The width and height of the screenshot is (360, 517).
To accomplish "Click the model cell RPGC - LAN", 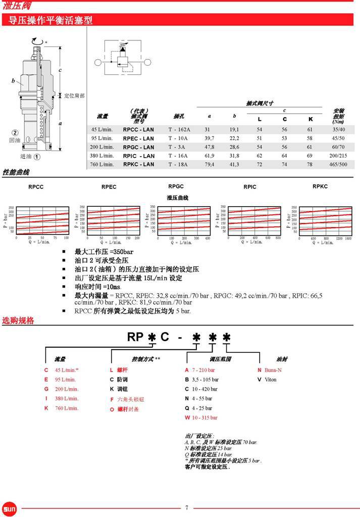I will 138,147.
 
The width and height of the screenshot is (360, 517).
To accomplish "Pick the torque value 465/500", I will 338,164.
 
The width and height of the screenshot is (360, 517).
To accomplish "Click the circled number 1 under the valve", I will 37,156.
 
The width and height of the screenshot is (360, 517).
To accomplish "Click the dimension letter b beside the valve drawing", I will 14,81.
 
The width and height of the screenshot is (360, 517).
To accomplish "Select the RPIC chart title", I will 249,187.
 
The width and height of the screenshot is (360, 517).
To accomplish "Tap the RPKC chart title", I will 320,186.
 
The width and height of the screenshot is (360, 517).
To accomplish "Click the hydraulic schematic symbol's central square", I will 123,62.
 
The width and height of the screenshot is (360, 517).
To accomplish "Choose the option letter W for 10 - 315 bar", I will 187,417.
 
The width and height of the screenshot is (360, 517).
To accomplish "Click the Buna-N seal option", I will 272,369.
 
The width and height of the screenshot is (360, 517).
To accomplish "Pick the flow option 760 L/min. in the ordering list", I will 67,408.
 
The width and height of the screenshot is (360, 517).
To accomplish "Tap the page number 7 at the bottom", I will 186,507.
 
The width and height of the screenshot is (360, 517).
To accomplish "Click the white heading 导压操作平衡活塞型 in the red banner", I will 47,20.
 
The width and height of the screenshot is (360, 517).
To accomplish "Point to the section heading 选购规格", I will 18,320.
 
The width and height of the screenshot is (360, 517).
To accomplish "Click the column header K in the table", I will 310,119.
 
